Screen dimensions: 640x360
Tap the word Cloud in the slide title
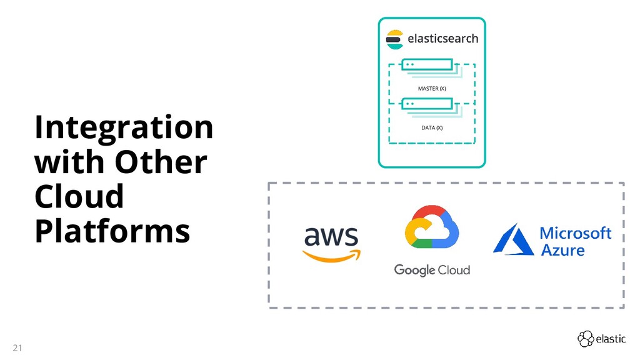79,197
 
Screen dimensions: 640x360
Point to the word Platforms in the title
112,231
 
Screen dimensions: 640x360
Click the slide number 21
17,347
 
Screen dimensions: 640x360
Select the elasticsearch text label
442,39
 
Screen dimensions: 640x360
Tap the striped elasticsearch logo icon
394,39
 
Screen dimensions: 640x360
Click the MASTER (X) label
432,89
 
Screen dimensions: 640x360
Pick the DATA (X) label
432,128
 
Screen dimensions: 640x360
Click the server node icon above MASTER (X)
427,64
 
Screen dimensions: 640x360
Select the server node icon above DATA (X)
427,104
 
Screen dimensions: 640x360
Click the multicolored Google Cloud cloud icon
431,228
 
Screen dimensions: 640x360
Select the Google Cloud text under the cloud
432,270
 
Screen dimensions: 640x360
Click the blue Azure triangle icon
513,239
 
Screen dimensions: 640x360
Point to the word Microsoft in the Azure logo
575,233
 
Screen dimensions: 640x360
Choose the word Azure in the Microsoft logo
562,251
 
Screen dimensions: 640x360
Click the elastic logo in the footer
601,339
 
